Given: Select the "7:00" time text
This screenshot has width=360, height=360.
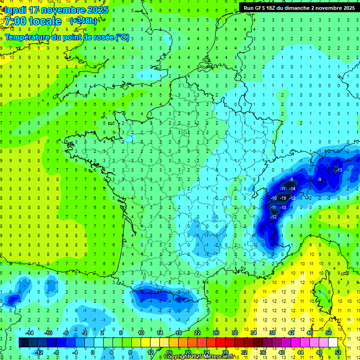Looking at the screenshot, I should (15, 21).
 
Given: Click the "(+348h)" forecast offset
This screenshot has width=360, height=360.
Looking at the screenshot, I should (83, 21).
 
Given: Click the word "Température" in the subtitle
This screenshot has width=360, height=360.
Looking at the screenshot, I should (28, 37).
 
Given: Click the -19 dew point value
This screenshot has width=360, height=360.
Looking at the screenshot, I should (283, 198).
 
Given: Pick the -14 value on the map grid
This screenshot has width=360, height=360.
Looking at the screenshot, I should (292, 188).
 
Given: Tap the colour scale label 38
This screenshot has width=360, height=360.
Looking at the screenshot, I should (272, 333).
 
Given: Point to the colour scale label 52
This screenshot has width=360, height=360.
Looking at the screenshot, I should (338, 352).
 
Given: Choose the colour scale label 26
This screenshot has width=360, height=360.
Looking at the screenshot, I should (216, 333).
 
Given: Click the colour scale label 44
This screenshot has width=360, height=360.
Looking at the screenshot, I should (300, 352).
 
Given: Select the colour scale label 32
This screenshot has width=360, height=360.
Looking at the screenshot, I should (244, 352).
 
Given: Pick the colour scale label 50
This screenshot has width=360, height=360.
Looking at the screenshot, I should (329, 333).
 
